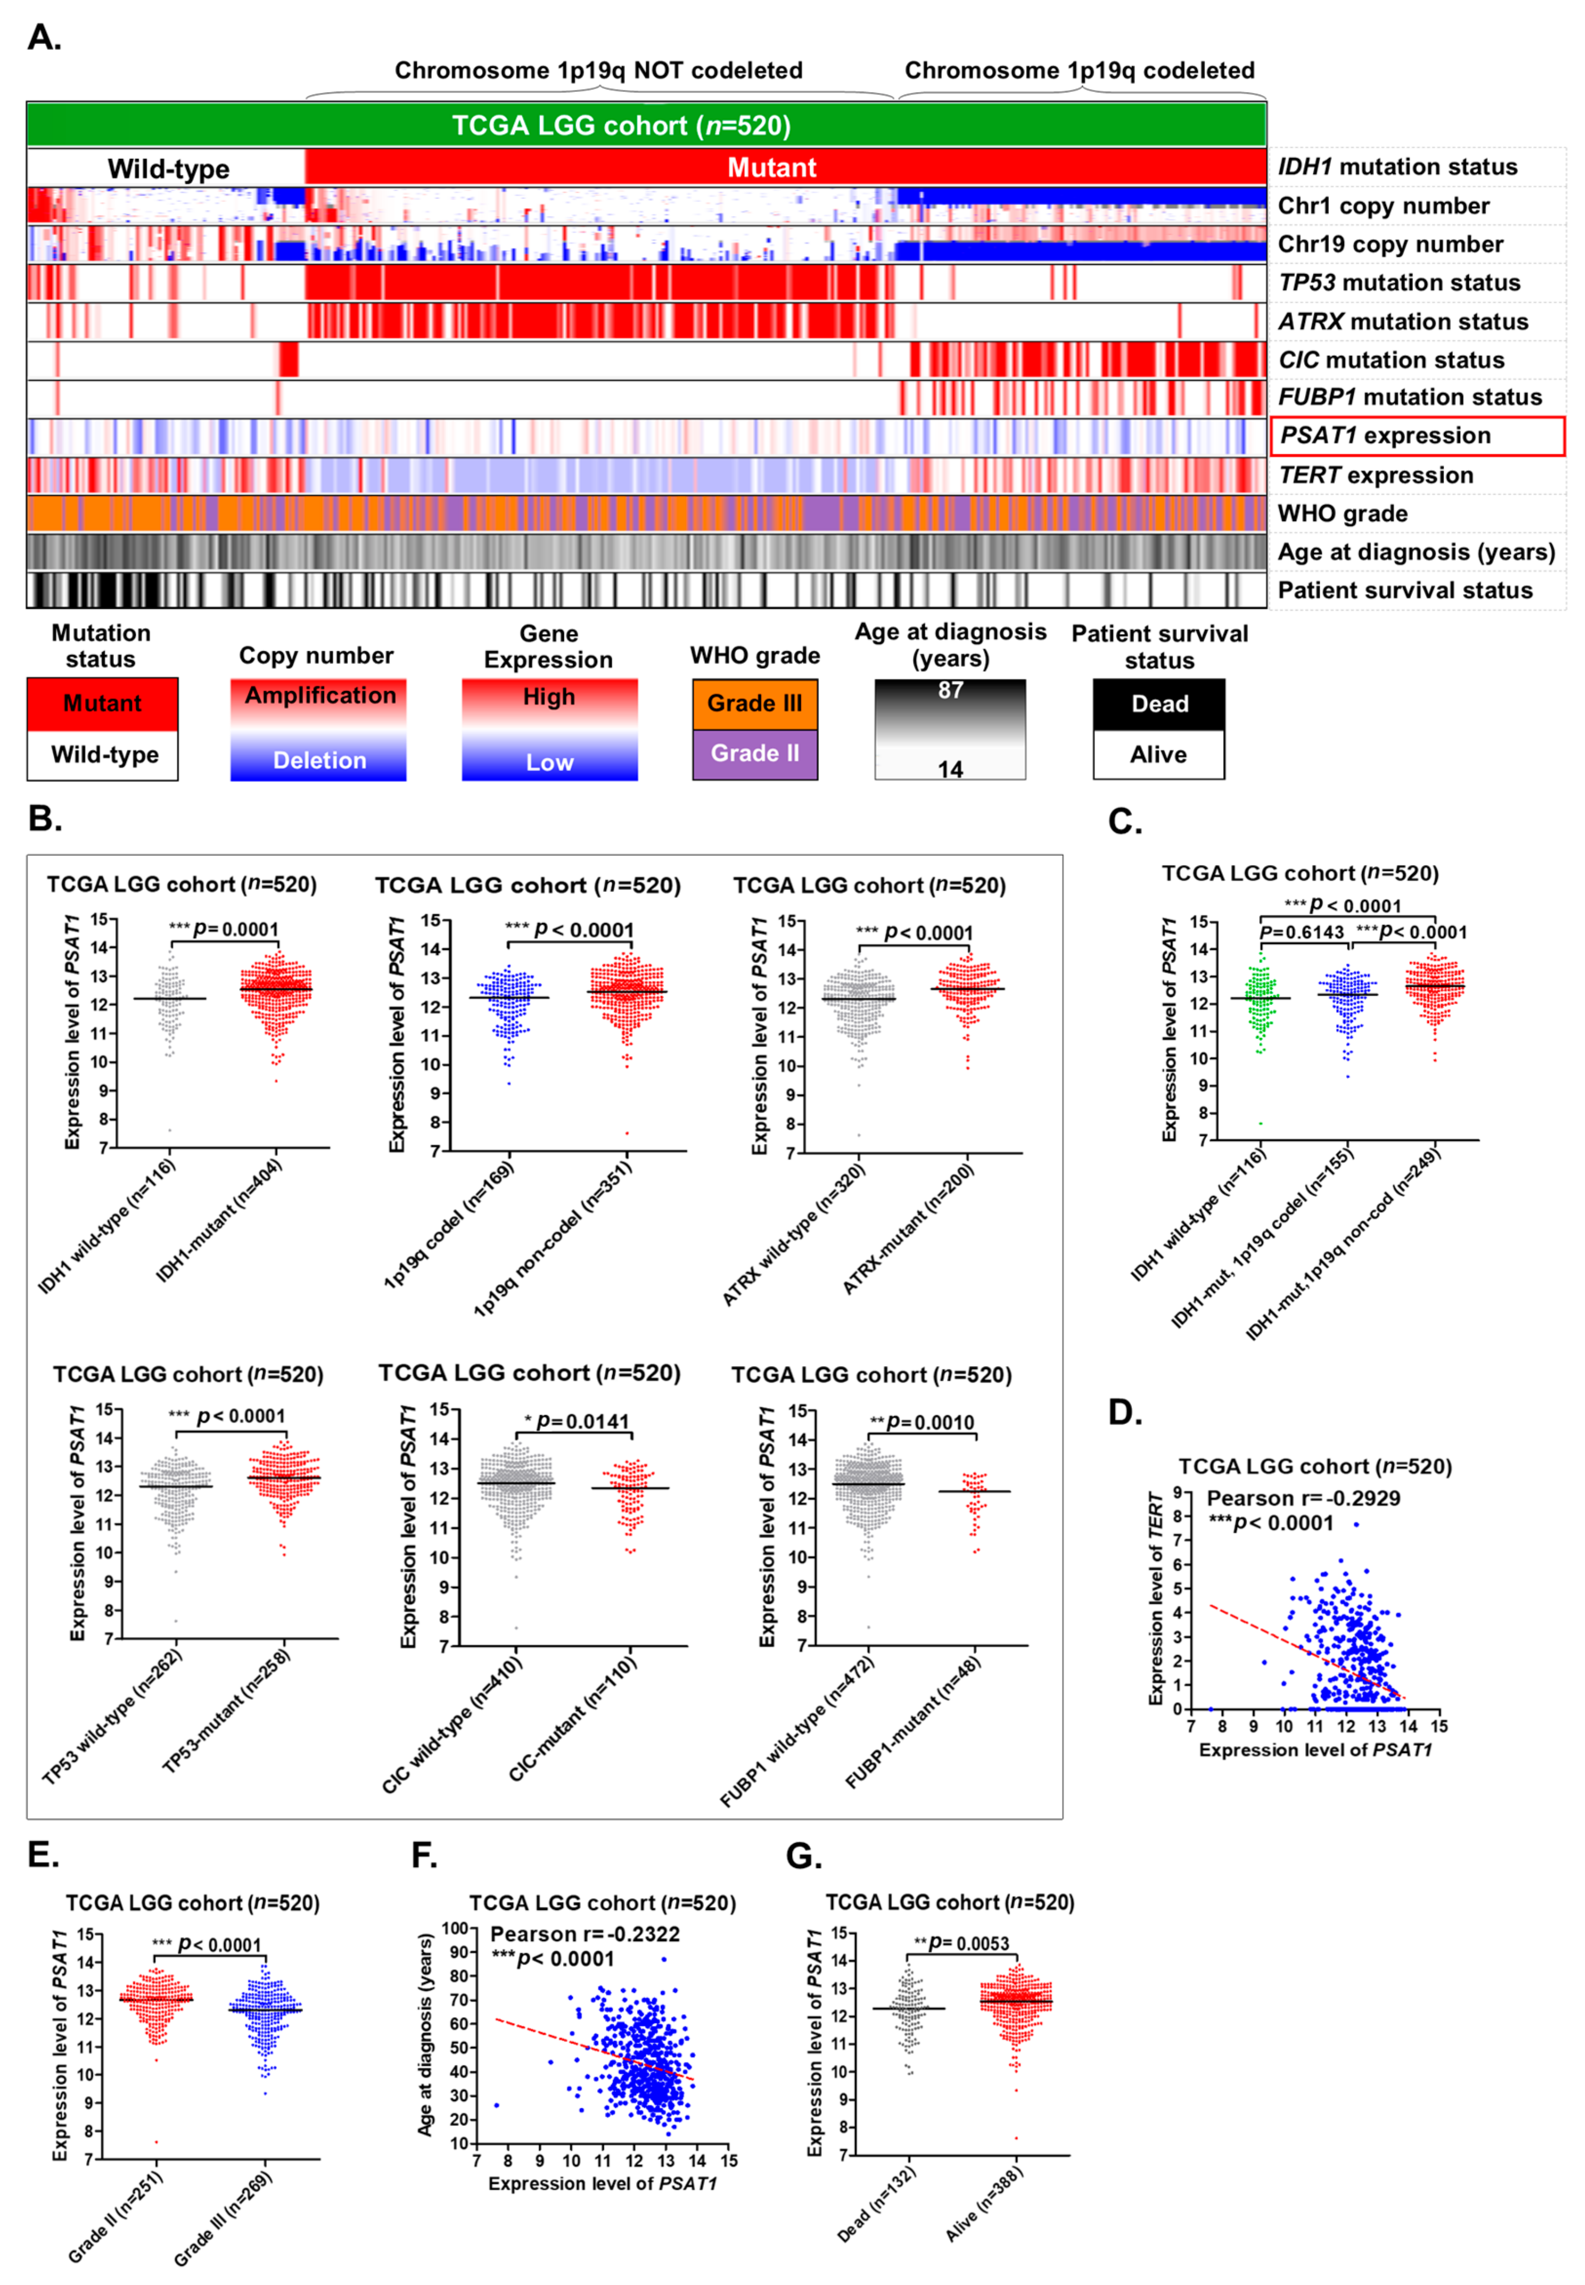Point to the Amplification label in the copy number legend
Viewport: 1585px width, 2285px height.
pos(320,696)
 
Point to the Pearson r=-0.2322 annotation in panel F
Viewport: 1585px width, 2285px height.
pos(585,1934)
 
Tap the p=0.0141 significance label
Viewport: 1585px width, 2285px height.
pos(582,1421)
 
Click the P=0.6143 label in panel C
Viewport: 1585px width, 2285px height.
pos(1301,932)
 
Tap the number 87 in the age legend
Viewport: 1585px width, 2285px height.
pos(951,690)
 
